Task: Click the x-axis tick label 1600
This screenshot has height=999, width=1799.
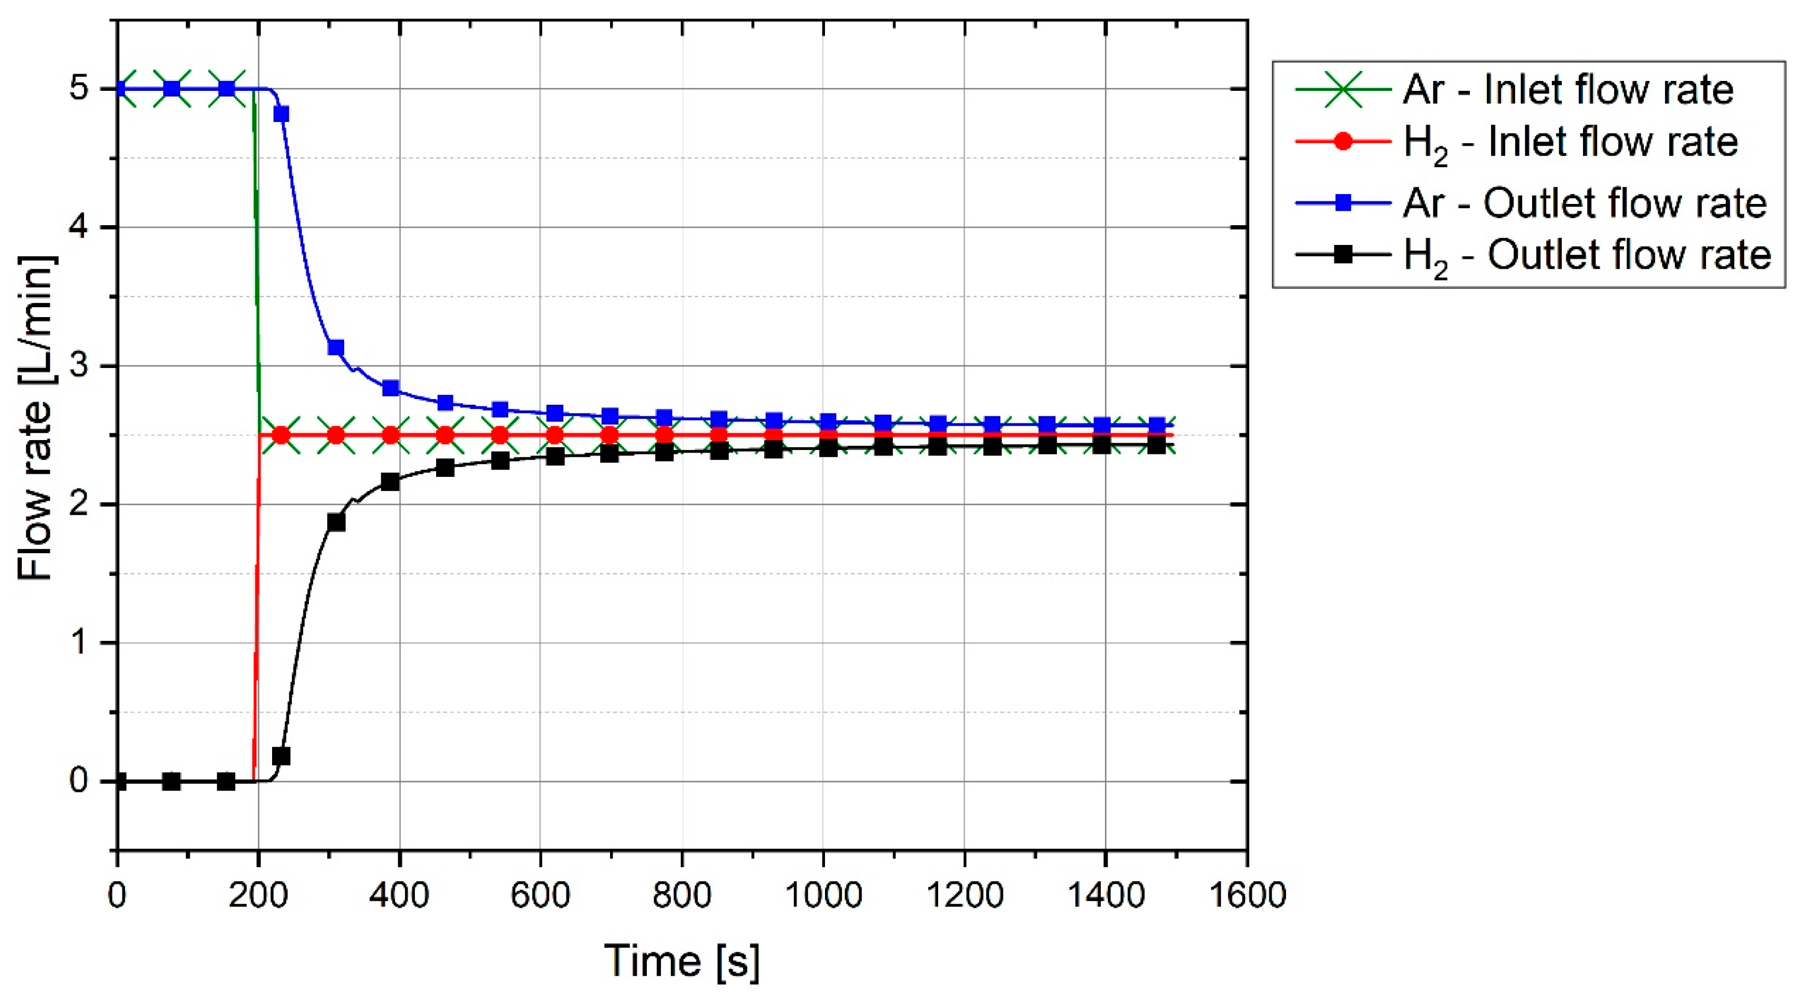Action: (1247, 896)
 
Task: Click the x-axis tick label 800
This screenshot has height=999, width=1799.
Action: (682, 896)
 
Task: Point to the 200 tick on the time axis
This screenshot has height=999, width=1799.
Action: (259, 896)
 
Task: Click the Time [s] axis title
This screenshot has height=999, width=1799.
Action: (682, 961)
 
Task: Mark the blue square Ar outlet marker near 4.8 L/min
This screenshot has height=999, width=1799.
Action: (281, 114)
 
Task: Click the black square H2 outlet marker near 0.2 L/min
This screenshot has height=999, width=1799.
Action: (281, 756)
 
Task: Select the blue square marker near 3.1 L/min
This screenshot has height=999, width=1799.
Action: (336, 348)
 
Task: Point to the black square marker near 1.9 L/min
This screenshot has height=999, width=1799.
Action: (336, 522)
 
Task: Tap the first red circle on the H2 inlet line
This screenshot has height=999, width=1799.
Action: (281, 435)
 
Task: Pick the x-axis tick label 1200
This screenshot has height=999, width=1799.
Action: (965, 896)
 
